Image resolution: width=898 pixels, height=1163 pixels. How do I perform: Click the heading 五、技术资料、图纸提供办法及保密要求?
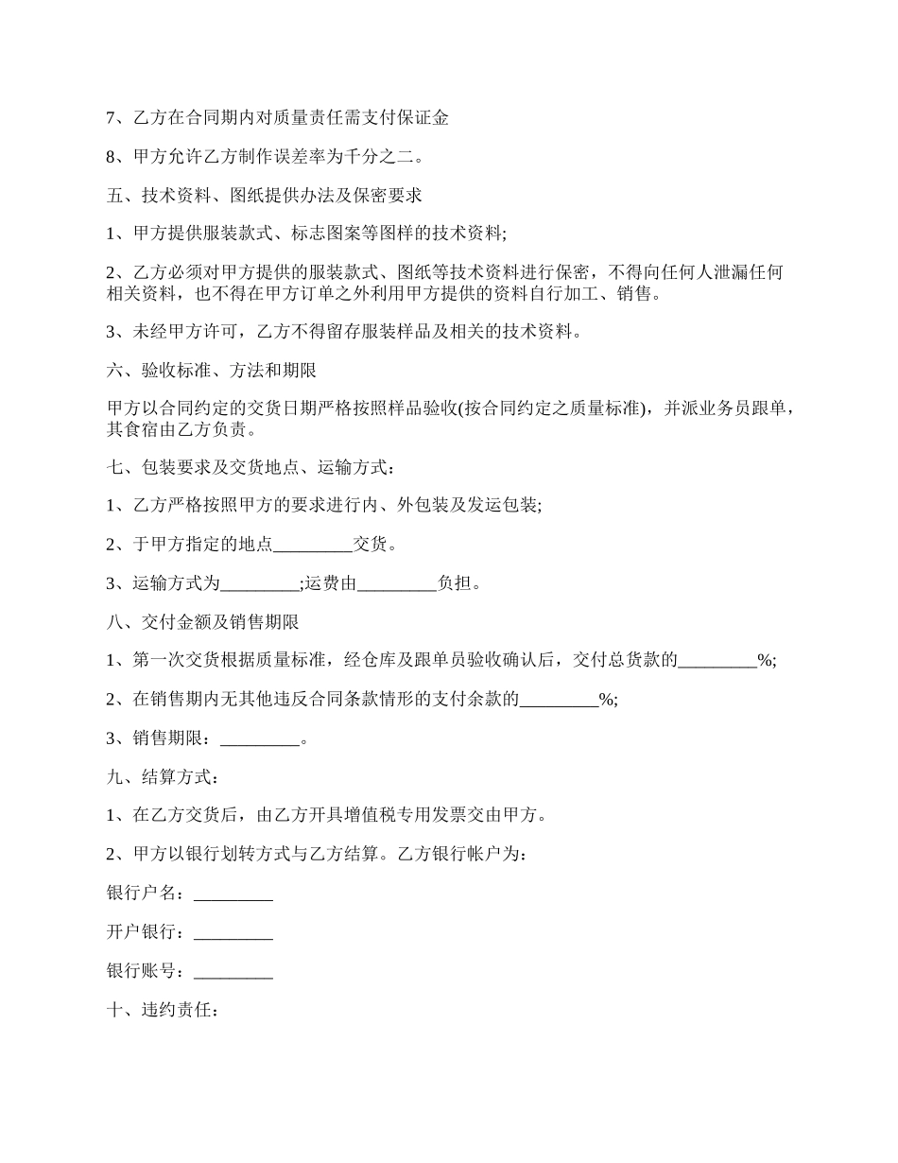[x=265, y=196]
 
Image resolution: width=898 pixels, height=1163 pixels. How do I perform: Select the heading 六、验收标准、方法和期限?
[x=217, y=371]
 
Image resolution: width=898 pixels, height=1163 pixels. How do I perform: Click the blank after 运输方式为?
[x=259, y=583]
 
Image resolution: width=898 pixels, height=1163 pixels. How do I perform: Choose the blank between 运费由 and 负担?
[x=397, y=583]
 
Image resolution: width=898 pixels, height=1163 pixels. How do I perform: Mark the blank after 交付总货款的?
[x=717, y=661]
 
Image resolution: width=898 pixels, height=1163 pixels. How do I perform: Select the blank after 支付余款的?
[x=560, y=700]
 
